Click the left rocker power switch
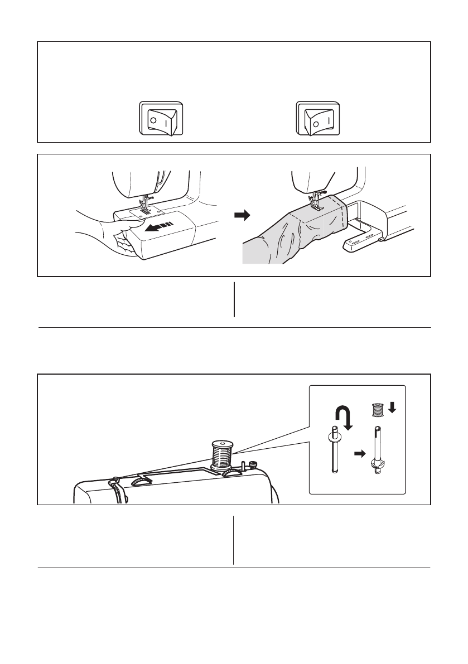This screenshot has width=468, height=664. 160,118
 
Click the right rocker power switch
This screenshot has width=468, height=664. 317,118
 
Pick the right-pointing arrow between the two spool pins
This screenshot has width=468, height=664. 359,453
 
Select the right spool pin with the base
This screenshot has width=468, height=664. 377,452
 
